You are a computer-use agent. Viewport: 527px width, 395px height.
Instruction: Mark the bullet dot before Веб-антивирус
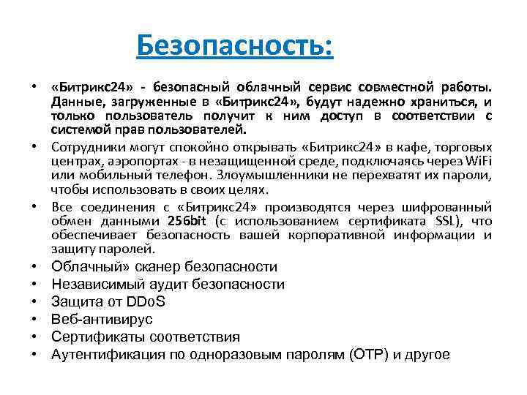[35, 320]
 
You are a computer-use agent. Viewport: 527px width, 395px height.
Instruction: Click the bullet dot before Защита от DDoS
[35, 302]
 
